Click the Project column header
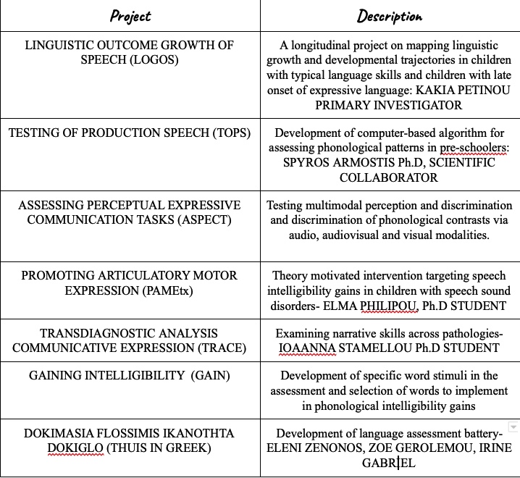130,16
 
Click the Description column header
390,16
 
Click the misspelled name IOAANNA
306,348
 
